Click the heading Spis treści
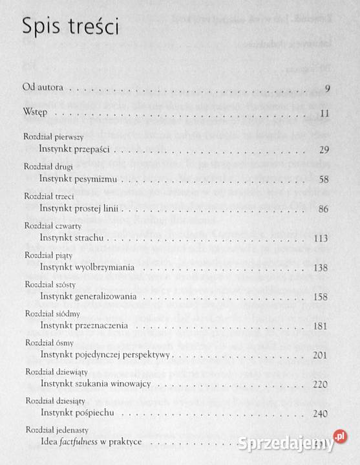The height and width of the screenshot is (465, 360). [70, 27]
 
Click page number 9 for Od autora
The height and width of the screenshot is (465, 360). [328, 89]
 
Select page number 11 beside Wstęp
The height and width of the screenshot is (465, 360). [325, 115]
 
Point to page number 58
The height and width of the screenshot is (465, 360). [324, 179]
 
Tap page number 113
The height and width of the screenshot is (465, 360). [322, 238]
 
